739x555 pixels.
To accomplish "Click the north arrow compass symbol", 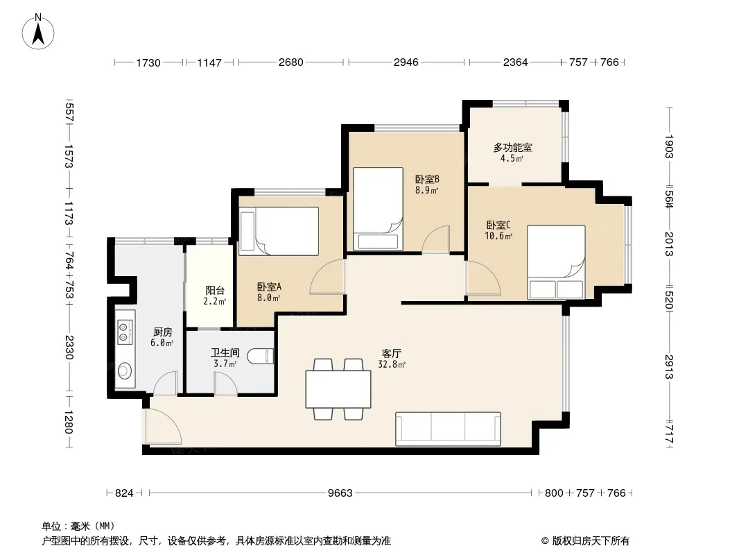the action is coord(38,31).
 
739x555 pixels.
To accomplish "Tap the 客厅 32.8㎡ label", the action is coord(391,359).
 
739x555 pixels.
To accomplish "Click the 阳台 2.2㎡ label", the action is coord(214,296).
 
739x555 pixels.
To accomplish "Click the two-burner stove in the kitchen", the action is coord(124,331).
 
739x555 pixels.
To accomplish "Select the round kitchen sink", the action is coord(124,370).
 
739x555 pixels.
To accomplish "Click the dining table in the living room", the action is coord(338,389).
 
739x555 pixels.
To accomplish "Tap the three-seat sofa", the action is coord(448,429).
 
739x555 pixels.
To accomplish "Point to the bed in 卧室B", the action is coord(378,208).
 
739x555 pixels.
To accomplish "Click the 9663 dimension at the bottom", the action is coord(340,493).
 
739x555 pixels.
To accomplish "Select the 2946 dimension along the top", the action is coord(406,62).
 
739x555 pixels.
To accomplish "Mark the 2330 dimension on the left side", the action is coord(69,347).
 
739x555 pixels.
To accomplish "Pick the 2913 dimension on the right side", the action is coord(669,366).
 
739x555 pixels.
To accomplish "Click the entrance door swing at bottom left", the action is coord(163,427).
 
